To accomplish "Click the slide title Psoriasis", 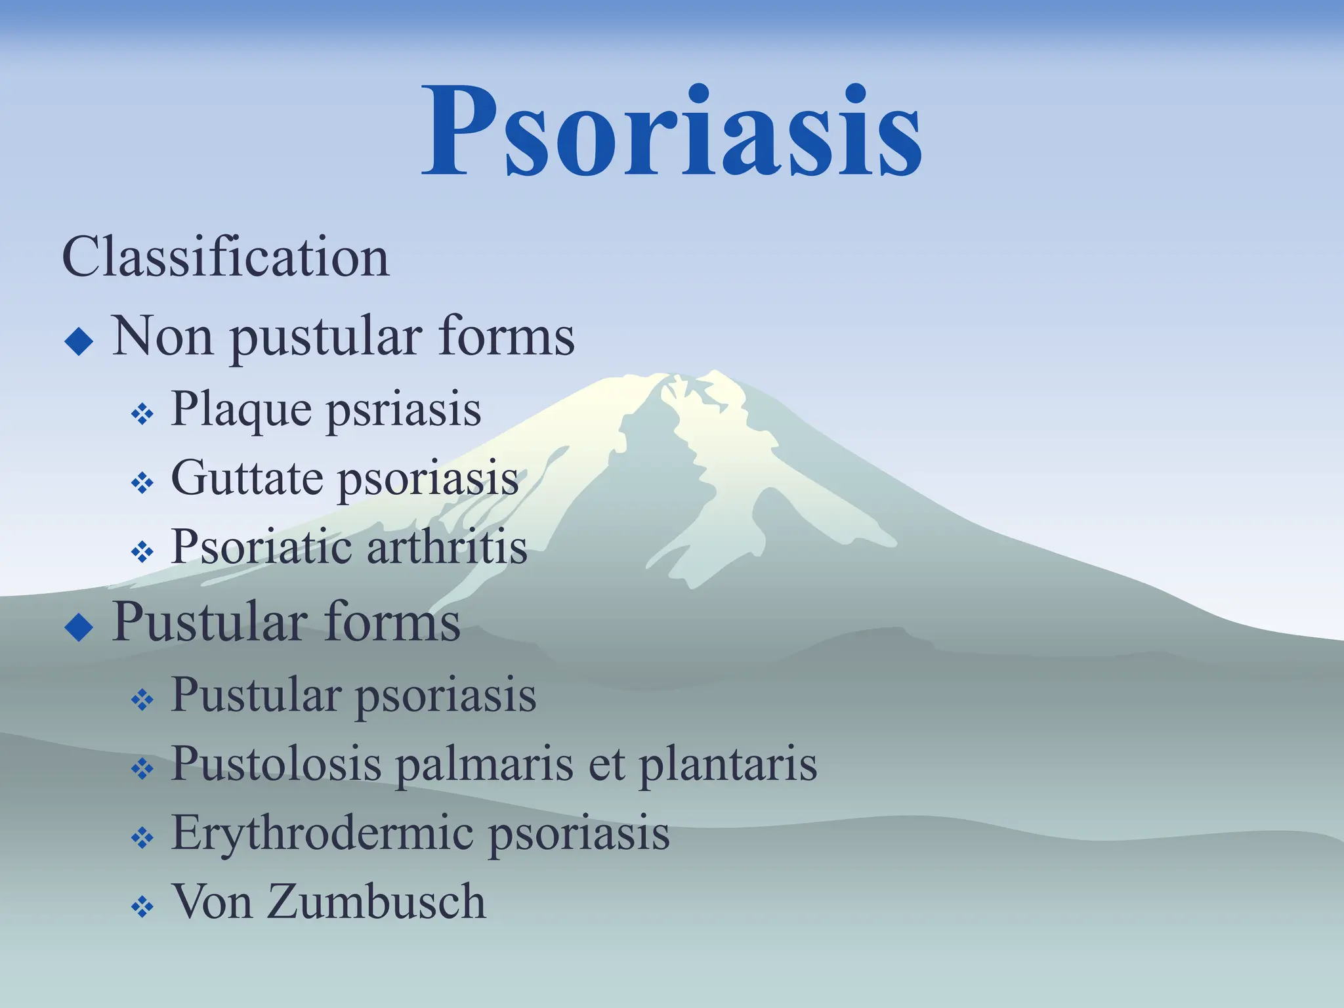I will click(672, 131).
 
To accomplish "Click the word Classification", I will click(226, 257).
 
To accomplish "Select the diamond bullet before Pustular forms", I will click(79, 627).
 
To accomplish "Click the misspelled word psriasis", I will click(403, 411).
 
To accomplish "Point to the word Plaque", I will click(241, 411).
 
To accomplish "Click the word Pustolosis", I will click(276, 765).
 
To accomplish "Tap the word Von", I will click(211, 902).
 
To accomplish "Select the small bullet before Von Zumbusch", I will click(142, 908).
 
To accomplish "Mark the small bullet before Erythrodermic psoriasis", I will click(142, 839).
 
